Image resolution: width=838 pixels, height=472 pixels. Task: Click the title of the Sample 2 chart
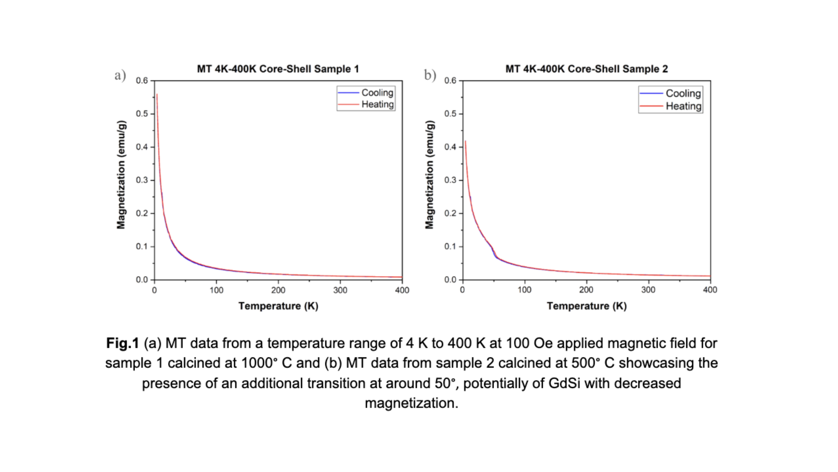click(x=587, y=69)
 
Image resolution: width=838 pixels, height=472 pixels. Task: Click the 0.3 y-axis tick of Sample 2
click(x=451, y=180)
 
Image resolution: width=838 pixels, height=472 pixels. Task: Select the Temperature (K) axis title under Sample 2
click(x=587, y=306)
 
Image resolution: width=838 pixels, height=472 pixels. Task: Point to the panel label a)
click(x=120, y=76)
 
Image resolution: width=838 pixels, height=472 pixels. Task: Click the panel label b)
click(x=430, y=76)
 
